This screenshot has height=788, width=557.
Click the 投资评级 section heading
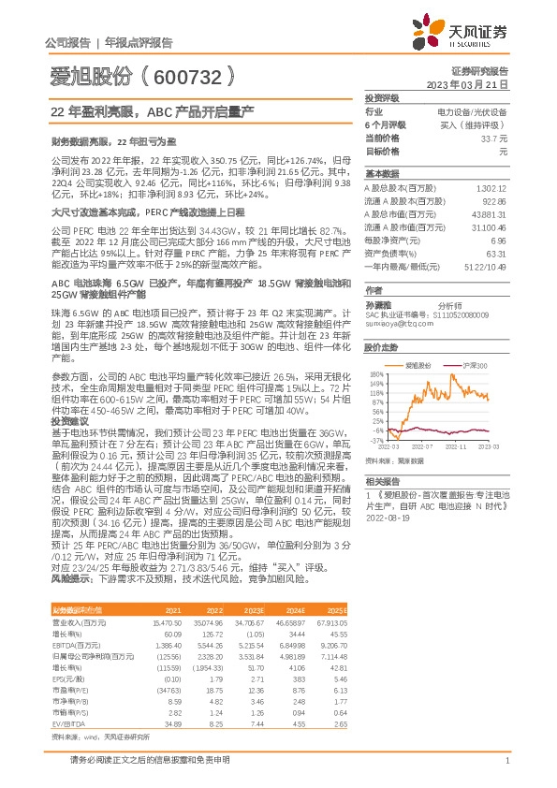382,97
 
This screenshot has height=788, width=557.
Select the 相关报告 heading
382,480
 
